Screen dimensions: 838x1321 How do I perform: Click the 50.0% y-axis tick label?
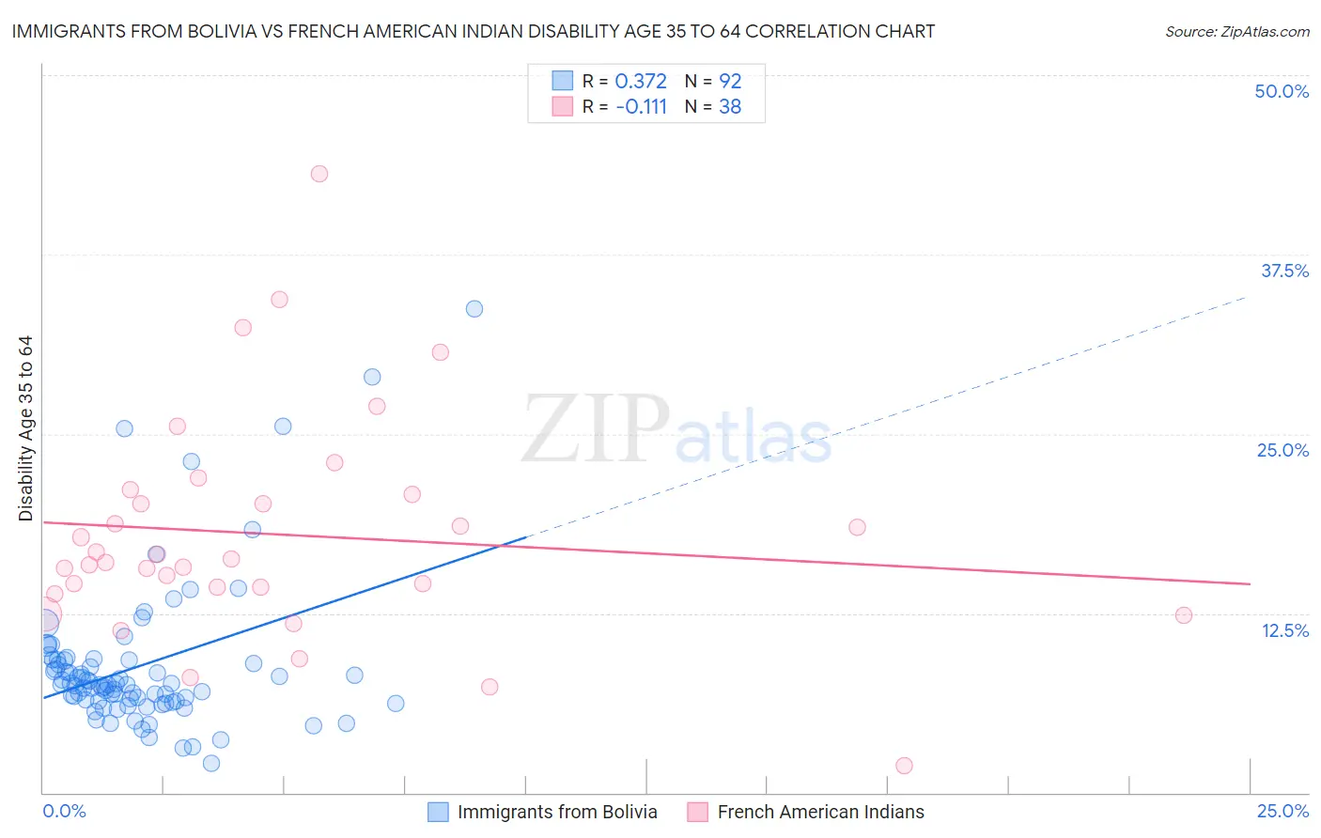pyautogui.click(x=1282, y=91)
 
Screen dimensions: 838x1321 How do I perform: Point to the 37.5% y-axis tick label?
pyautogui.click(x=1284, y=271)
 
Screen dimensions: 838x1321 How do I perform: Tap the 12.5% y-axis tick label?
pyautogui.click(x=1284, y=630)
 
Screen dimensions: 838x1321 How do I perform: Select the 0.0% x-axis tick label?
pyautogui.click(x=64, y=811)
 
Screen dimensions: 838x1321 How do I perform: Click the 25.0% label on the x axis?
pyautogui.click(x=1282, y=811)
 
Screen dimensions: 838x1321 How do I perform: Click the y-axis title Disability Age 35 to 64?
pyautogui.click(x=25, y=427)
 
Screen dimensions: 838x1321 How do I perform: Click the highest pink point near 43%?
pyautogui.click(x=319, y=174)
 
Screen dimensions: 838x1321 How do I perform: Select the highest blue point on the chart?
pyautogui.click(x=474, y=309)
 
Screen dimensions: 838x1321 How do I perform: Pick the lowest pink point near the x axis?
pyautogui.click(x=904, y=766)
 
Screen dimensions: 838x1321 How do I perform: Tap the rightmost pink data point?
pyautogui.click(x=1184, y=615)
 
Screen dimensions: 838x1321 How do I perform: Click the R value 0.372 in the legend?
pyautogui.click(x=641, y=82)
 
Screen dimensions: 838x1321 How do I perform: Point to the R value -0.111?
pyautogui.click(x=641, y=107)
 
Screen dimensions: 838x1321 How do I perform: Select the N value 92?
pyautogui.click(x=730, y=82)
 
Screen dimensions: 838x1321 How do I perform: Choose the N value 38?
pyautogui.click(x=730, y=107)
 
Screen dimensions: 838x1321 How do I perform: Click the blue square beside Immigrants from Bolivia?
pyautogui.click(x=438, y=812)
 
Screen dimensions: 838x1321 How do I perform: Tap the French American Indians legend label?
pyautogui.click(x=820, y=812)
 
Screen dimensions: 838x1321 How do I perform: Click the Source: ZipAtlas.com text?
pyautogui.click(x=1236, y=32)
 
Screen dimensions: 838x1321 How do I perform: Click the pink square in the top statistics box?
pyautogui.click(x=562, y=106)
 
